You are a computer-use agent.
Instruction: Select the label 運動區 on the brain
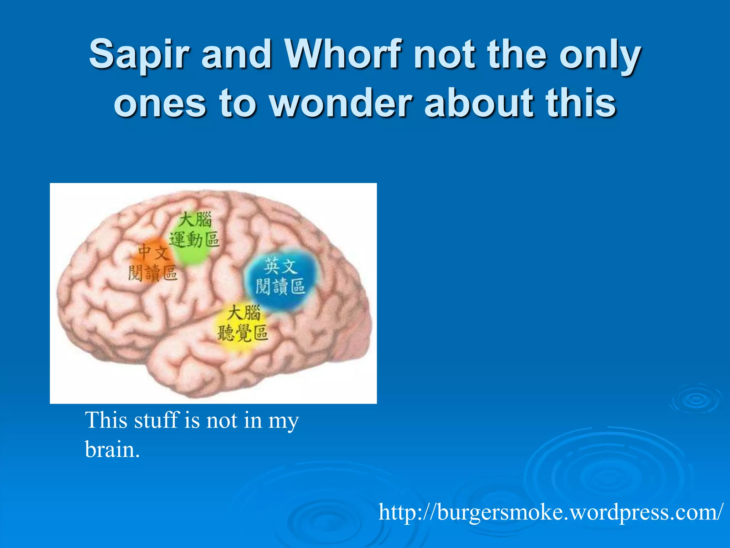coord(194,239)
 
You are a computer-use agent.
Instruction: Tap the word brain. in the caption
coord(112,450)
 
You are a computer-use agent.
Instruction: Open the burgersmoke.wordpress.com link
coord(551,512)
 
